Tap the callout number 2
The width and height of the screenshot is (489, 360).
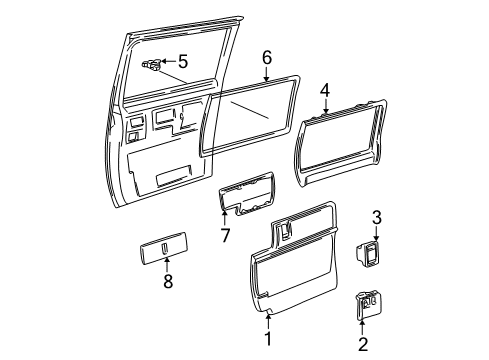click(363, 344)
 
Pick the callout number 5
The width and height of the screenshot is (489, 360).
click(182, 61)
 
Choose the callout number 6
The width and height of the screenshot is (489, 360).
click(267, 56)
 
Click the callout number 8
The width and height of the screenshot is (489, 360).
click(168, 281)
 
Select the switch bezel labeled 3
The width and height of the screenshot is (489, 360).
click(372, 254)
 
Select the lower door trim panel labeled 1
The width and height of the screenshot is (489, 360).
click(290, 270)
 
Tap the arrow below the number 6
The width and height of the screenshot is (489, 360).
click(267, 74)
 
